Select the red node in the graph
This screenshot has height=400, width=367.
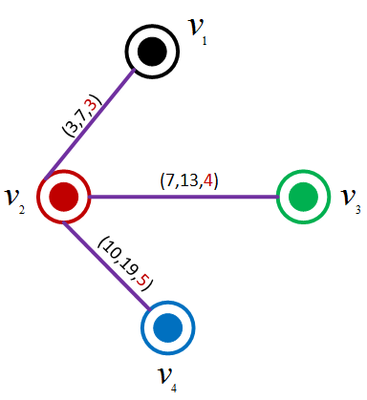64,196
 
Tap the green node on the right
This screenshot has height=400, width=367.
303,197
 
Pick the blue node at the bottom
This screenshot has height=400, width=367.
168,327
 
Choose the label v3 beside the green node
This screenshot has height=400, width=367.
349,199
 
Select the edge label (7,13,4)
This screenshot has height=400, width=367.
189,179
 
